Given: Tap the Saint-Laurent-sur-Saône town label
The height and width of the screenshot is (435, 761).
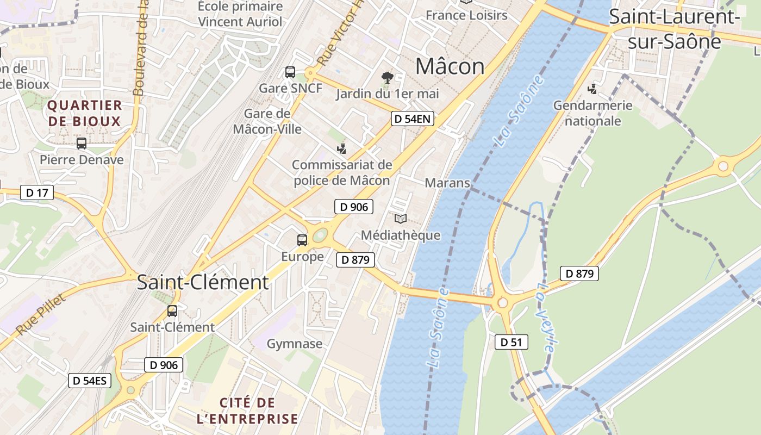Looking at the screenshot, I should coord(674,28).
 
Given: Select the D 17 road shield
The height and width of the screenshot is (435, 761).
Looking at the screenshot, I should coord(37,192).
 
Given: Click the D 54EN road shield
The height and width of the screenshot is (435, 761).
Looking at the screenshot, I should coord(413,119).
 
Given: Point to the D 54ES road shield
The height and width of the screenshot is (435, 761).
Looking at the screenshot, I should coord(90,380).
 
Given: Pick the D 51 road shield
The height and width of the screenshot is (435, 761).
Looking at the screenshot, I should coord(511,342).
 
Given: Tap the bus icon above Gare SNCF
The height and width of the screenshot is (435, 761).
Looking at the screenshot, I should coord(290,72).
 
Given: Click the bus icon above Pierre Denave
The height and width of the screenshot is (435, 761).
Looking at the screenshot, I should coord(82,144).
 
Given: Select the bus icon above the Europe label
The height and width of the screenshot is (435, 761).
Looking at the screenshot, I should coord(302,240).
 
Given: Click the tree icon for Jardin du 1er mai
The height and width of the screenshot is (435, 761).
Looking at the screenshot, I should coord(387,78).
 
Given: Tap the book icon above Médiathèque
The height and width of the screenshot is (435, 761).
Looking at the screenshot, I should coord(401,219).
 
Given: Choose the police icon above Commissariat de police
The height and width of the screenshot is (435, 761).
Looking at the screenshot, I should coord(342,148).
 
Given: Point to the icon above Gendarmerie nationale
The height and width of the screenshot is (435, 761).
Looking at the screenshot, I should coord(592,89).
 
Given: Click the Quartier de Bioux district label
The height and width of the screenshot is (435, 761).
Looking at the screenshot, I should coord(84,113).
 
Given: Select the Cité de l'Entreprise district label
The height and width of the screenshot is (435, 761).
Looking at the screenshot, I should coord(259,411).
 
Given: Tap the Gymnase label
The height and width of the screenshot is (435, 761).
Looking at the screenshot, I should coord(295,344).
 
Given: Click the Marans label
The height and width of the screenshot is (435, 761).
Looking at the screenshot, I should coord(447,183).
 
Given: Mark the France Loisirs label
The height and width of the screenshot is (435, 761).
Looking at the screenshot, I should coord(466,15).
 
